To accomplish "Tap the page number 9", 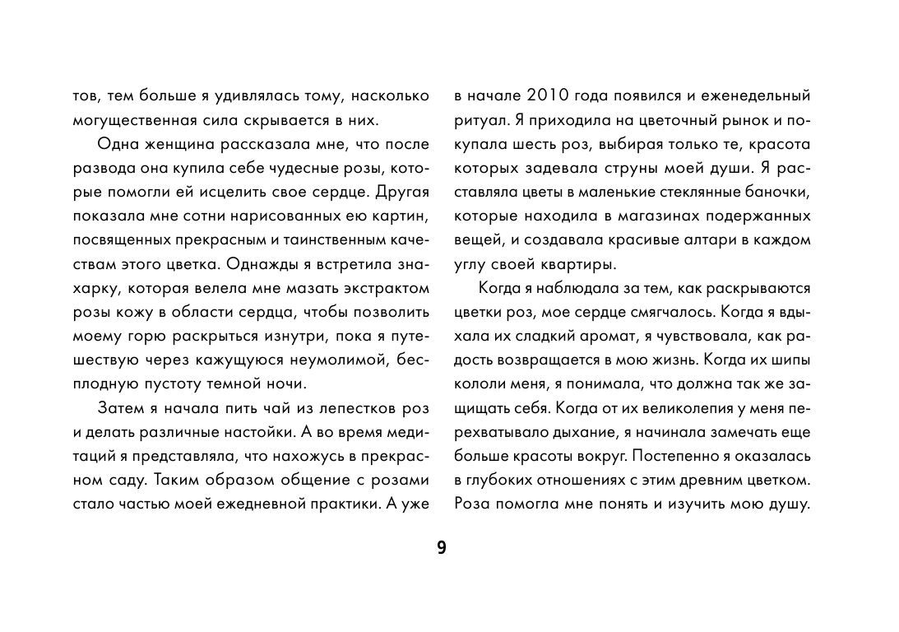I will (442, 548).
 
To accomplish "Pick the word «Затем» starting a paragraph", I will (119, 409).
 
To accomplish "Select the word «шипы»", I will (789, 361).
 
